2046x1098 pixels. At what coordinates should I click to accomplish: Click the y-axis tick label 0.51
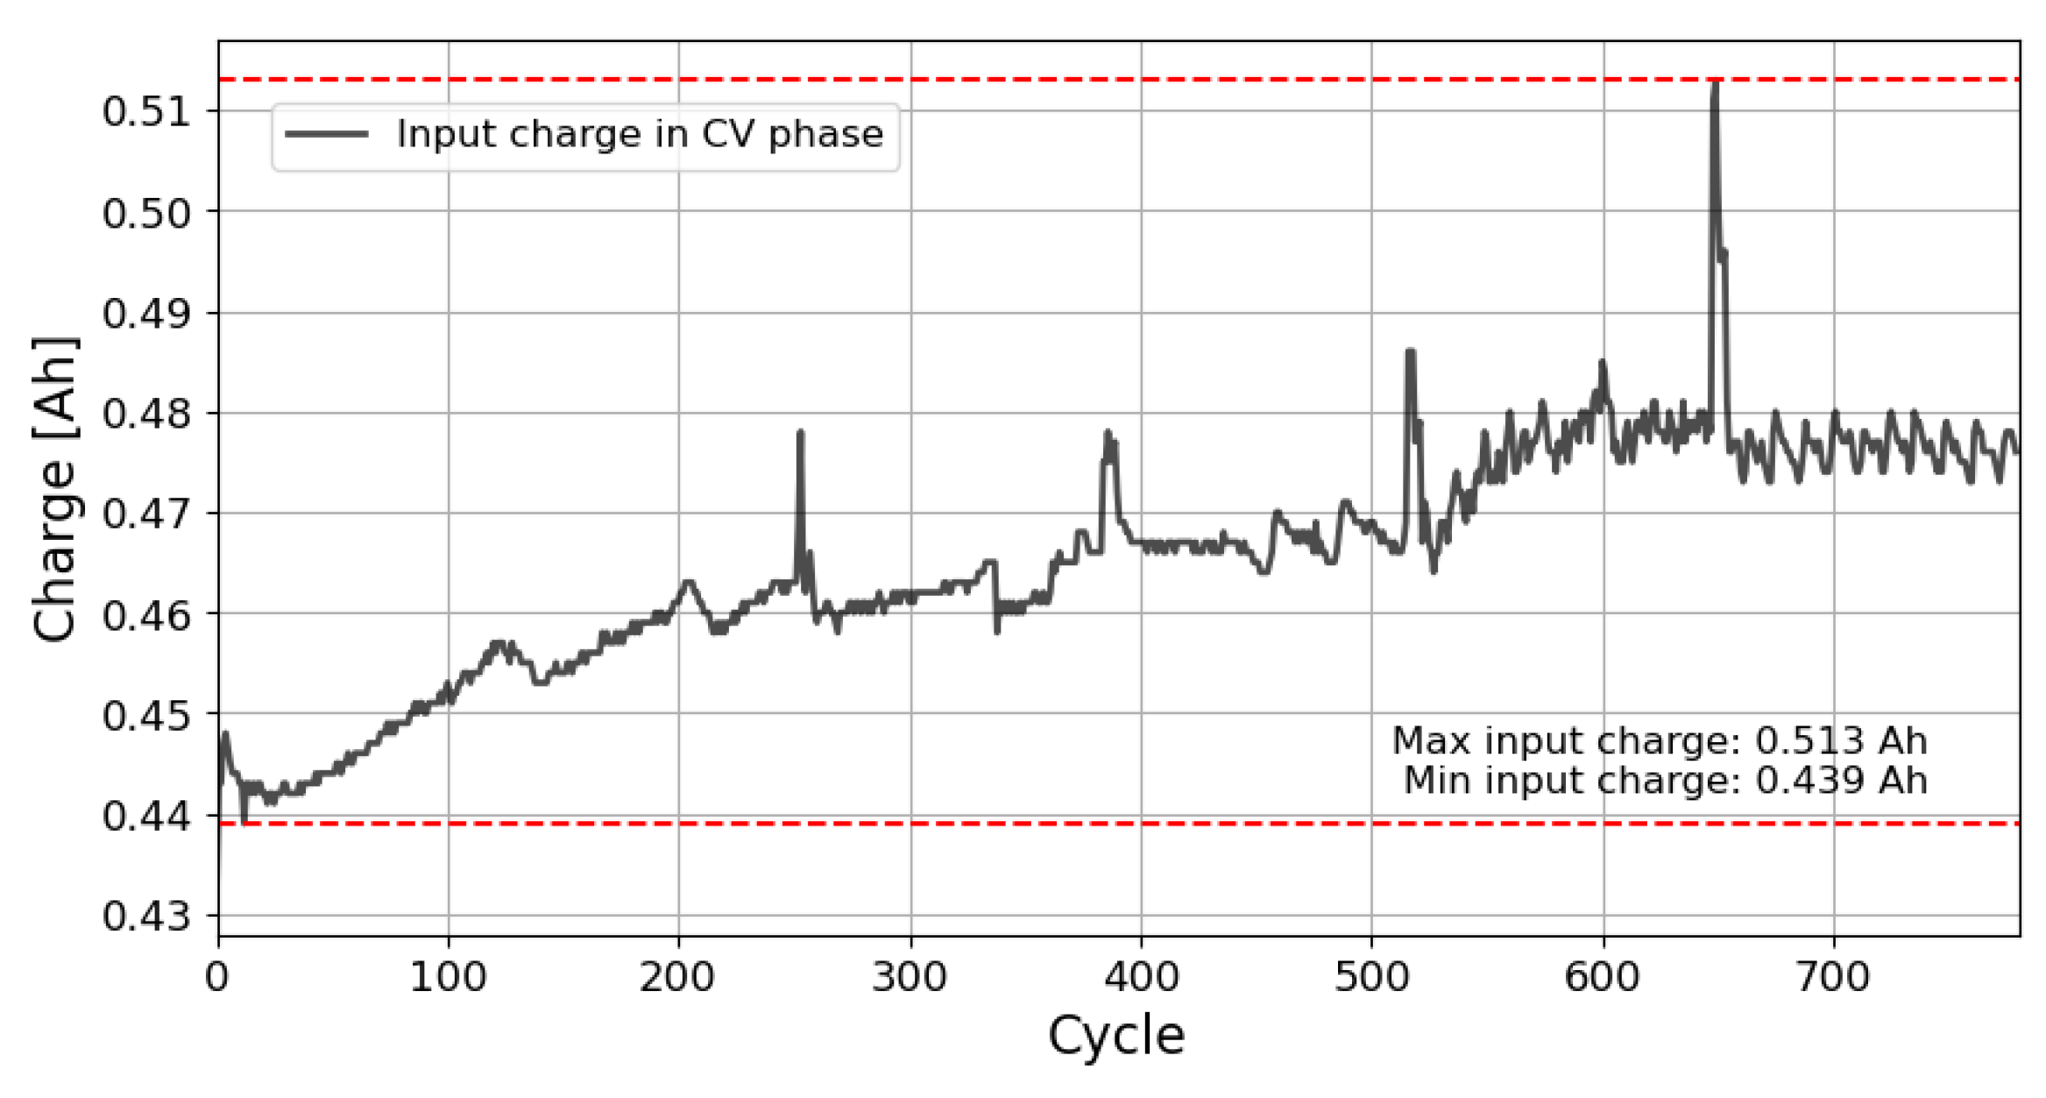click(x=145, y=111)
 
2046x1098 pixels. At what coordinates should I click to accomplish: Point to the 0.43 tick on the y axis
click(x=145, y=917)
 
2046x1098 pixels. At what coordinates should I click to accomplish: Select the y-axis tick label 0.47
click(x=145, y=514)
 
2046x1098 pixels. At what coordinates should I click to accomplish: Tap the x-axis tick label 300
click(x=910, y=976)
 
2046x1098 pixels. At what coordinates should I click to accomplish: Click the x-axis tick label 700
click(x=1833, y=976)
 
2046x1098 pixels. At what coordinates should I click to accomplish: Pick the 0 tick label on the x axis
click(x=217, y=976)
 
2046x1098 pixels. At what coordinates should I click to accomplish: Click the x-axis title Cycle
click(x=1115, y=1036)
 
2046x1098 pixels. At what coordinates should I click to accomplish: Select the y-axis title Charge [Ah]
click(x=54, y=489)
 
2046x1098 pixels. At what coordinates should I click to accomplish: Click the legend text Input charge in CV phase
click(x=640, y=134)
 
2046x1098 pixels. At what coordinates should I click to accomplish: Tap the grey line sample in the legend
click(x=326, y=134)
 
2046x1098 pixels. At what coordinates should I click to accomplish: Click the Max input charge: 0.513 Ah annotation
click(x=1660, y=741)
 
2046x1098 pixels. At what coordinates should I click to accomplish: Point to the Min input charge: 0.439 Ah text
click(x=1665, y=781)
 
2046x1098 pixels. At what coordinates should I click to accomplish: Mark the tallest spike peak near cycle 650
click(x=1715, y=83)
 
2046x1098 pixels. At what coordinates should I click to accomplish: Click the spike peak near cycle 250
click(x=800, y=433)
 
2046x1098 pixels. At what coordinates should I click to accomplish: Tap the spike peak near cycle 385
click(x=1108, y=433)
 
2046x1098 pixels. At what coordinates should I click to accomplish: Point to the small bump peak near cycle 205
click(x=688, y=581)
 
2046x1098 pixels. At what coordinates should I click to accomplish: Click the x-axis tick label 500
click(x=1371, y=976)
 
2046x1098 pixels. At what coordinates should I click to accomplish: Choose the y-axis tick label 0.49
click(x=145, y=313)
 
